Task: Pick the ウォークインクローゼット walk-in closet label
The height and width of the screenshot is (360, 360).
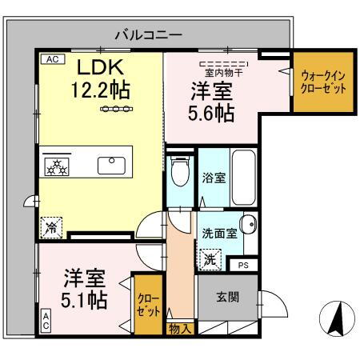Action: coord(324,82)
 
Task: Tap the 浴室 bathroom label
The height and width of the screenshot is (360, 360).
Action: coord(214,178)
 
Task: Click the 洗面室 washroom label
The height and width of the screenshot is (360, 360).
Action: coord(218,235)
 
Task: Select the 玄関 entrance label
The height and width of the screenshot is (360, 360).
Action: coord(228,296)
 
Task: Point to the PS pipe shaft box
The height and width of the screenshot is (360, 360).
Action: coord(242,265)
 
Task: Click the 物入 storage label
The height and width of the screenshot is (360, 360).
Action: coord(180,328)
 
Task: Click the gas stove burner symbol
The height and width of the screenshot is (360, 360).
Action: coord(58,166)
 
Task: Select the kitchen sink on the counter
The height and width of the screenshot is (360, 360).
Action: coord(110,166)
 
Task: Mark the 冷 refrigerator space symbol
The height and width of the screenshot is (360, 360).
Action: coord(52,227)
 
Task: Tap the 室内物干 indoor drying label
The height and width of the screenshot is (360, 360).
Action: coord(222,70)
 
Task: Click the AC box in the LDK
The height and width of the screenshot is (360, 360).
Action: coord(50,58)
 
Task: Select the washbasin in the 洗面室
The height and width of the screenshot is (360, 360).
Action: coord(248,224)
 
